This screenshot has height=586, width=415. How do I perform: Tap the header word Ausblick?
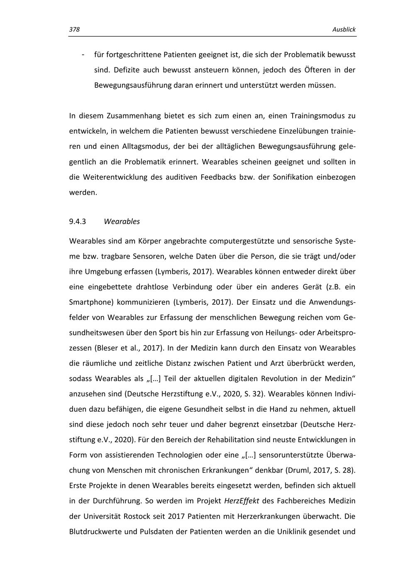[x=344, y=30]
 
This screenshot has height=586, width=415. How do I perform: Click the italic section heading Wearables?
[x=122, y=221]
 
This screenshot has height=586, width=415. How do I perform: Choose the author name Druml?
[x=296, y=470]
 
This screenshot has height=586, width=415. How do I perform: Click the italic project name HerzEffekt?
[x=241, y=501]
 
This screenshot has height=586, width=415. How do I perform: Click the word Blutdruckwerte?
[x=95, y=532]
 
